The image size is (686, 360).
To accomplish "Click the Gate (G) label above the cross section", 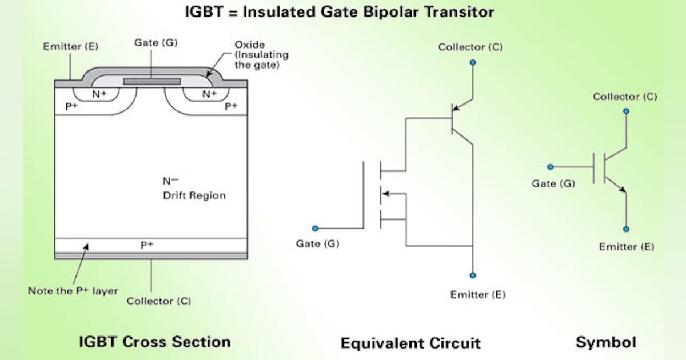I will coord(152,43).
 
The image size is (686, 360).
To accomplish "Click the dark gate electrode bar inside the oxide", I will coord(152,81).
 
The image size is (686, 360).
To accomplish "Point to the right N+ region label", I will coord(209,94).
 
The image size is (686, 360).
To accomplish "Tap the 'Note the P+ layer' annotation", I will coord(73,290).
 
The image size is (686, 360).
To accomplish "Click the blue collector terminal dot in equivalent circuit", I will coord(472,62).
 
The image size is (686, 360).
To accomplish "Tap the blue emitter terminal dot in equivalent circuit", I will coord(473,275).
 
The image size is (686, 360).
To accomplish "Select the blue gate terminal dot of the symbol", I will coord(551,167).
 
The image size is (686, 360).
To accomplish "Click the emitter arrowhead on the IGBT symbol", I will coord(622,190).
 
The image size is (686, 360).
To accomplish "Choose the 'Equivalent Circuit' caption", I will coord(410,343).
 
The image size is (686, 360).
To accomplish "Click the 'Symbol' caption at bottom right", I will coord(605,342).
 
